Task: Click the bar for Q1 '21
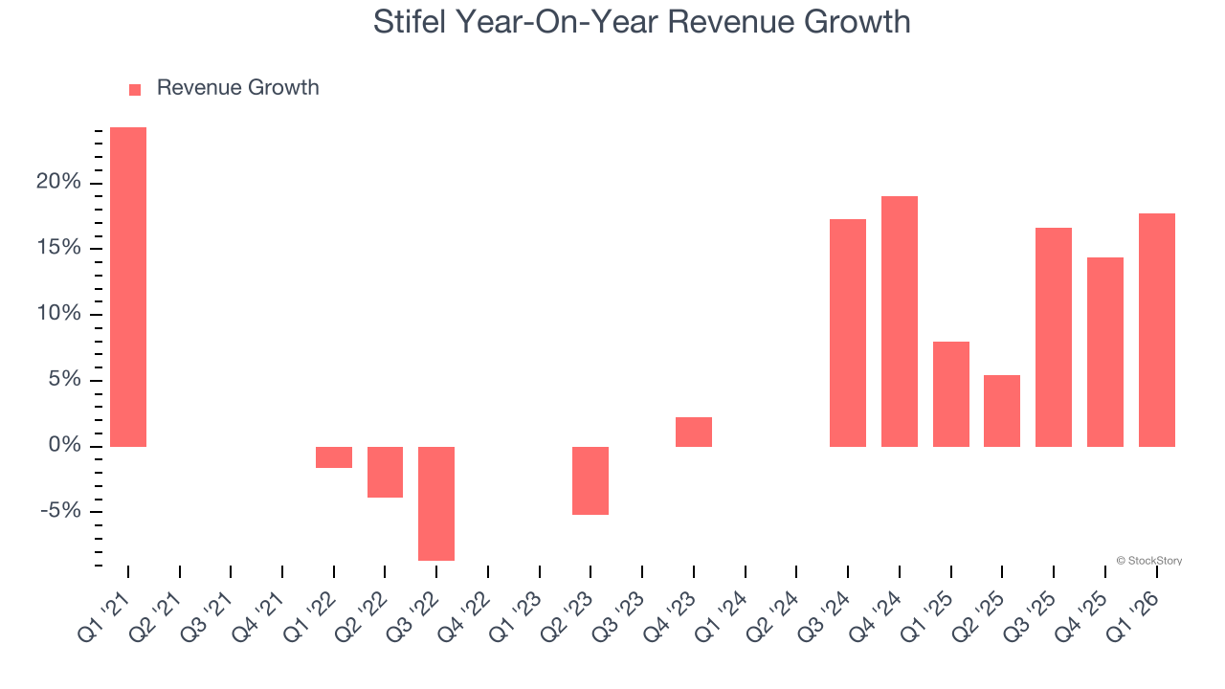[128, 287]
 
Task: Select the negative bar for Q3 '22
[436, 503]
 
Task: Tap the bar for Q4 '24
[900, 322]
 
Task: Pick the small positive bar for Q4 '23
[694, 433]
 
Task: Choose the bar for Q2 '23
[590, 480]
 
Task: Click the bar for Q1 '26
[1156, 330]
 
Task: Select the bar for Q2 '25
[1002, 411]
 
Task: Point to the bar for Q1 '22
[334, 457]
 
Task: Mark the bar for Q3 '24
[848, 333]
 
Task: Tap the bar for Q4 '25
[1105, 352]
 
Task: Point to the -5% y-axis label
[60, 511]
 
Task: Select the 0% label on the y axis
[65, 446]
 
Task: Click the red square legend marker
[135, 89]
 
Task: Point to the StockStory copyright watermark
[1148, 561]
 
